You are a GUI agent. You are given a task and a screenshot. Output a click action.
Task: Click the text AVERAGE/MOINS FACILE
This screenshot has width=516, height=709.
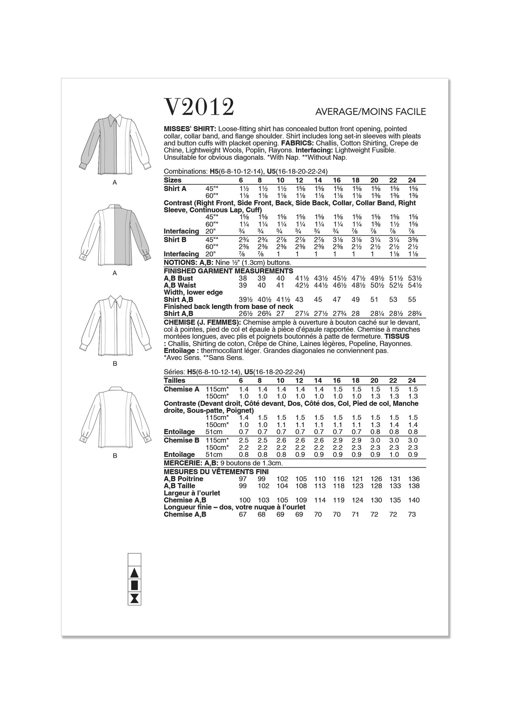pos(371,112)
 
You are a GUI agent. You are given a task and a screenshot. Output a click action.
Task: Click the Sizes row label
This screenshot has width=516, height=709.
pos(173,180)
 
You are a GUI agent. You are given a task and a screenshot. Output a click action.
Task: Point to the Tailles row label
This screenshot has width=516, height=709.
pos(174,380)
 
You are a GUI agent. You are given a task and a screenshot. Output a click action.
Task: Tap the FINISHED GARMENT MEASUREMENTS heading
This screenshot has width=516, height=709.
pos(228,271)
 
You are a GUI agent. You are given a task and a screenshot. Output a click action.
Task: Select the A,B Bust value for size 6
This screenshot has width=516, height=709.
pos(243,278)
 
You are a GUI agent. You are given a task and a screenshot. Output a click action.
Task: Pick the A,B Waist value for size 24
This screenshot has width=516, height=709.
pos(412,285)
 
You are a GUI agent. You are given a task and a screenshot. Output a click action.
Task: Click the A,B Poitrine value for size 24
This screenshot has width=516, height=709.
pos(412,479)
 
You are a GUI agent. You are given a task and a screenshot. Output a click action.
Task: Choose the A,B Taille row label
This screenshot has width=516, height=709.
pos(179,486)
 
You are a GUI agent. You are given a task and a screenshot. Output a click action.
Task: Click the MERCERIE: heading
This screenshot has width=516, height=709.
pos(181,463)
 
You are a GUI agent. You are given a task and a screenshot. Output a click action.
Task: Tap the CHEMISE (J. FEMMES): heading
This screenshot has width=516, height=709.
pos(202,322)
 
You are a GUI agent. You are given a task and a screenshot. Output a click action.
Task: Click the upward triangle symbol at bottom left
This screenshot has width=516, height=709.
pos(134,573)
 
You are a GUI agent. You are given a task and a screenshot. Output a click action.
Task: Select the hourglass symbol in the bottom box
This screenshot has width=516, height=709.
pos(134,598)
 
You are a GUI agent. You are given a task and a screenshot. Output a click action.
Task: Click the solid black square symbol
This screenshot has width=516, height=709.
pos(134,585)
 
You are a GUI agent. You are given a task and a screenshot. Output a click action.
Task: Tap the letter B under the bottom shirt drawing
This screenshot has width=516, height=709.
pos(115,456)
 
